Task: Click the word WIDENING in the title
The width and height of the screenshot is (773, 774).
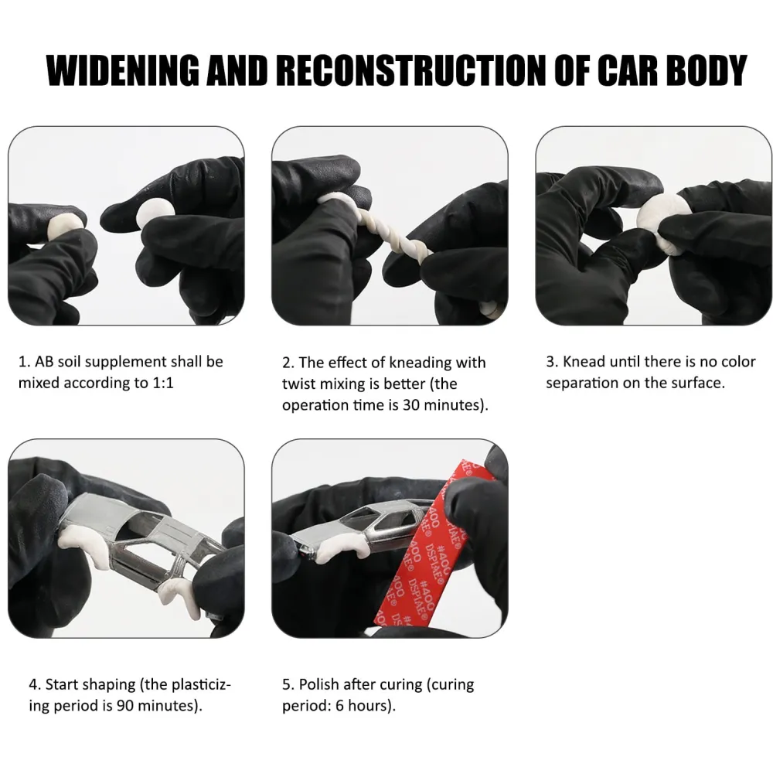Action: (x=124, y=70)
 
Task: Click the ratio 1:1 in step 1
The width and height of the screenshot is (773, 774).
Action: (x=162, y=383)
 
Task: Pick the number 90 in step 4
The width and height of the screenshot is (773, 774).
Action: (x=125, y=706)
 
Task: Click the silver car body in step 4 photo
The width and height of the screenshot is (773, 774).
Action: (x=143, y=543)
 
